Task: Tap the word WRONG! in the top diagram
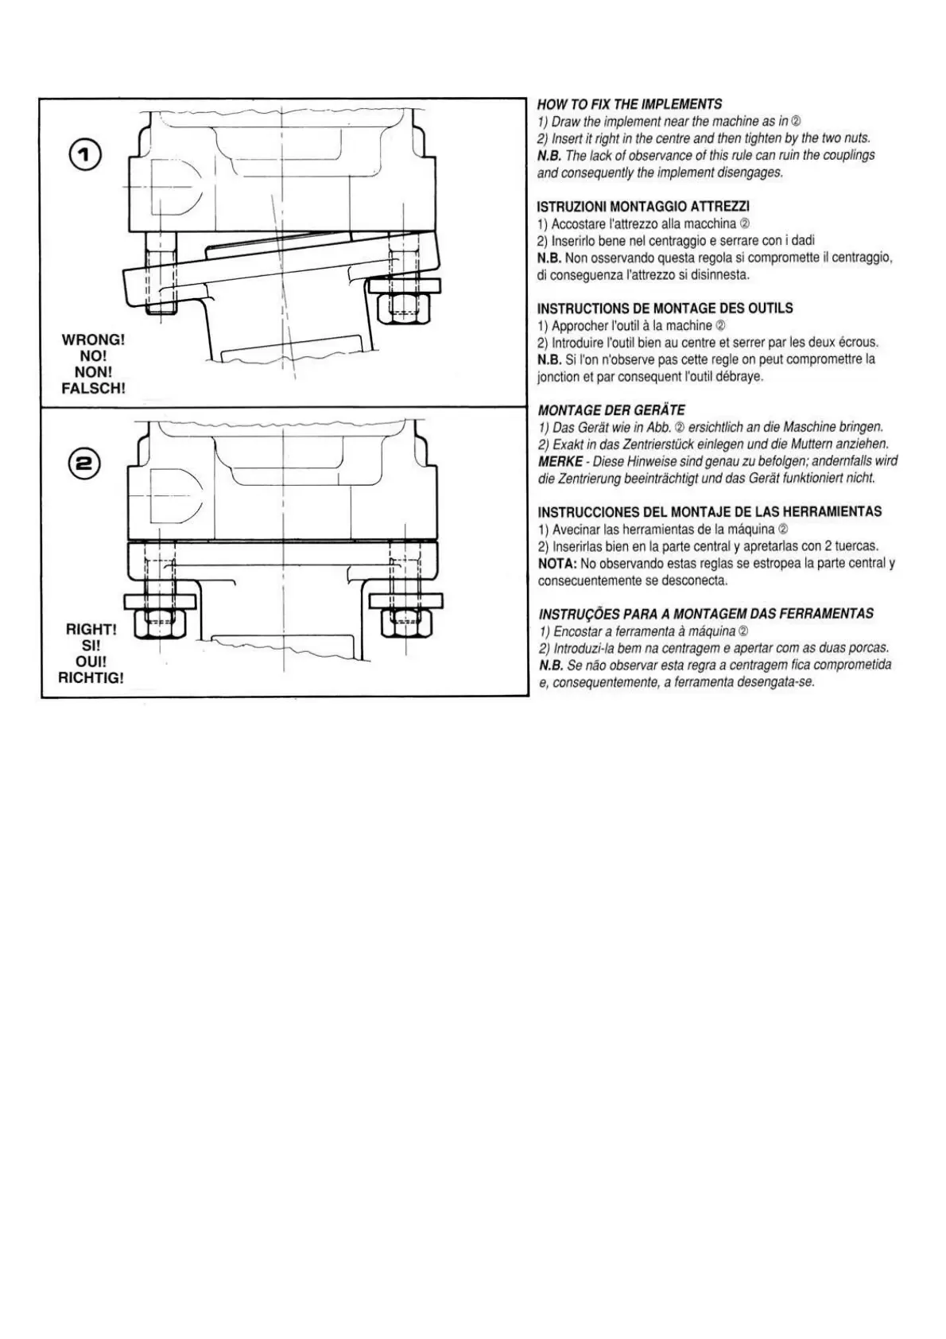click(93, 340)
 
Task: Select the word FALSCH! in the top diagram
click(93, 389)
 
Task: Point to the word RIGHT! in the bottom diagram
click(91, 630)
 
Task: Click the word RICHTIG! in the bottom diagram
click(91, 678)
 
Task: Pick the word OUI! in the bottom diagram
click(91, 662)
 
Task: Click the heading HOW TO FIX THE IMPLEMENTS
click(630, 104)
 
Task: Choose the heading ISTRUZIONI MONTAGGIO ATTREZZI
click(643, 207)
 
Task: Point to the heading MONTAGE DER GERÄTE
click(611, 410)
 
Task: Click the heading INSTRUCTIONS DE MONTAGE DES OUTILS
click(665, 309)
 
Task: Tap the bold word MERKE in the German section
click(560, 461)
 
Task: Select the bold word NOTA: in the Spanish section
click(557, 564)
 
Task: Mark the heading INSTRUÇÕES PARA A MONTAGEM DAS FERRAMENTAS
click(706, 614)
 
